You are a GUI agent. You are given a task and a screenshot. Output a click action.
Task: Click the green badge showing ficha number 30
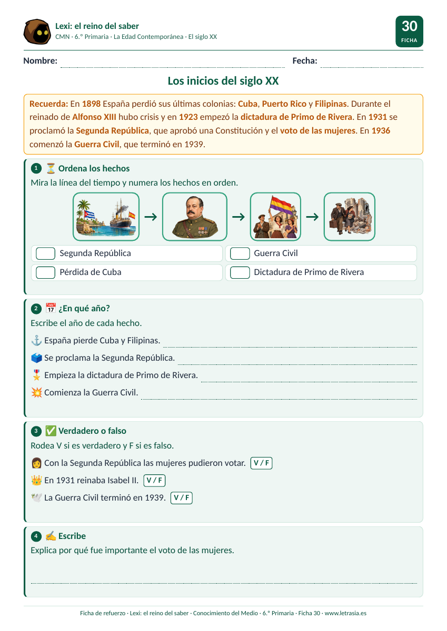(409, 31)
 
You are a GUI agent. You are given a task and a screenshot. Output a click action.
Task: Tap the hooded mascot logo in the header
(37, 32)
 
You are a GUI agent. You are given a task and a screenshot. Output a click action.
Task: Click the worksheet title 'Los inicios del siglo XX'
(223, 81)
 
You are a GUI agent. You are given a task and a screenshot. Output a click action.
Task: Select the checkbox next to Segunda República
(45, 253)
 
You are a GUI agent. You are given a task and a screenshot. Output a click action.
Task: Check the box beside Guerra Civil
(240, 253)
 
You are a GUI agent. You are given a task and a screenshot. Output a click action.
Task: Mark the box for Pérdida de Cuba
(45, 272)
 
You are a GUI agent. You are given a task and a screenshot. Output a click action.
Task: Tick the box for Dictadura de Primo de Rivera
(240, 272)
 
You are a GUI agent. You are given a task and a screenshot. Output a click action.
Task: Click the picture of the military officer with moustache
(195, 217)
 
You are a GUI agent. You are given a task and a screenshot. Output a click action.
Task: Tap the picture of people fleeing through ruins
(350, 217)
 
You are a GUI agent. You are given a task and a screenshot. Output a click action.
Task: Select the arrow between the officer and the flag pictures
(239, 217)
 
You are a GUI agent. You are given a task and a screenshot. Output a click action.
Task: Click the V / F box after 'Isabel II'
(154, 480)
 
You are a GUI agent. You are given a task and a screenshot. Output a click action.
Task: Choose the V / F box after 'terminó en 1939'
(181, 498)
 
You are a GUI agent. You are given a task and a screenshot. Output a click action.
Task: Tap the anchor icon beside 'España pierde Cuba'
(36, 340)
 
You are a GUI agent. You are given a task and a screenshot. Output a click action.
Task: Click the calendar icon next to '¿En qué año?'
(51, 308)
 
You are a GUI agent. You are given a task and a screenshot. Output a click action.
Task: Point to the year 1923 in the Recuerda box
(188, 117)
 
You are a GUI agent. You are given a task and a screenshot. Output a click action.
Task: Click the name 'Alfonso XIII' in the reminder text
(94, 117)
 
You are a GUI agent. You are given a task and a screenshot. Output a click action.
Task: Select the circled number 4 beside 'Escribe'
(36, 536)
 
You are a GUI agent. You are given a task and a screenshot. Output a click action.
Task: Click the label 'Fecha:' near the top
(304, 60)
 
